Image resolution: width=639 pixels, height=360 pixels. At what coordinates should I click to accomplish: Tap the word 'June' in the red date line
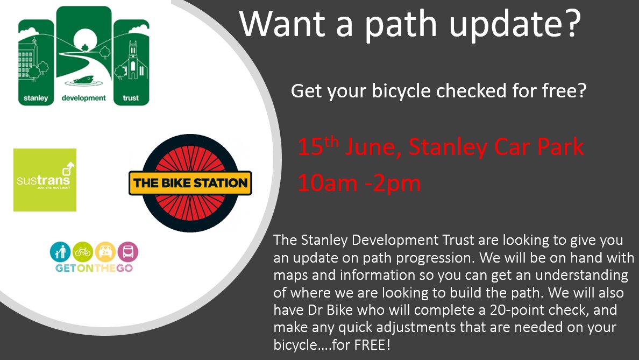pos(371,147)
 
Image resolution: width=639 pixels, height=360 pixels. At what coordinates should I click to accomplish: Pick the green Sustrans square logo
pos(45,180)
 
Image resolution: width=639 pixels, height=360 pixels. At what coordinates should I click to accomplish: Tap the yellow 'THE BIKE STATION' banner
pos(190,183)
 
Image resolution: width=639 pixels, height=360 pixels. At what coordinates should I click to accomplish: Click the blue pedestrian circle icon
pos(60,252)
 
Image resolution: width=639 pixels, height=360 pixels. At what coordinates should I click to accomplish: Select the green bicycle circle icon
pos(82,252)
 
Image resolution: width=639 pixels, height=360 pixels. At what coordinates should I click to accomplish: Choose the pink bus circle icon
pos(127,252)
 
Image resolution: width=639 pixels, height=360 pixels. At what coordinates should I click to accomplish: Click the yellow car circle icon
pos(105,252)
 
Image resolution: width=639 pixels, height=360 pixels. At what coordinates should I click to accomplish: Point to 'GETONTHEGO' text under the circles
pos(94,267)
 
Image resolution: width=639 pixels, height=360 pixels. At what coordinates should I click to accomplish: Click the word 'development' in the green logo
pos(84,99)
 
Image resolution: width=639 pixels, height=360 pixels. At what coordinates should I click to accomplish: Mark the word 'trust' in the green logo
pos(131,98)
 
